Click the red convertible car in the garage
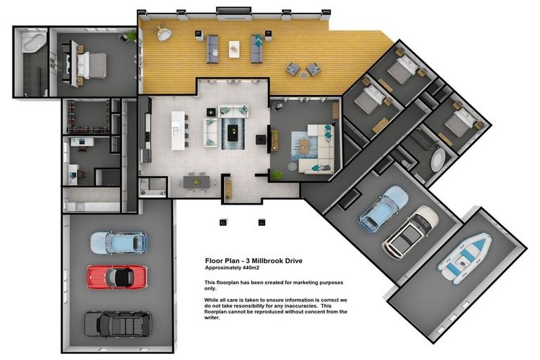(117, 276)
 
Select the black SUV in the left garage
(118, 324)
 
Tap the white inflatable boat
(465, 258)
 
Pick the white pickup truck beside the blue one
(411, 231)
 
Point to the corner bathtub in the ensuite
(34, 42)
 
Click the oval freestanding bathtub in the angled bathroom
(438, 160)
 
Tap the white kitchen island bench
(177, 130)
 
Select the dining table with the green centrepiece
(196, 182)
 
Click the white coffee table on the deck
(234, 49)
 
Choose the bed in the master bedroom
(90, 65)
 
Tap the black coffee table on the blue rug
(233, 133)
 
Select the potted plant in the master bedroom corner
(131, 36)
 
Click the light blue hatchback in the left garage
(119, 243)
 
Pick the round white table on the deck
(165, 34)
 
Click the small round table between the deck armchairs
(304, 75)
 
